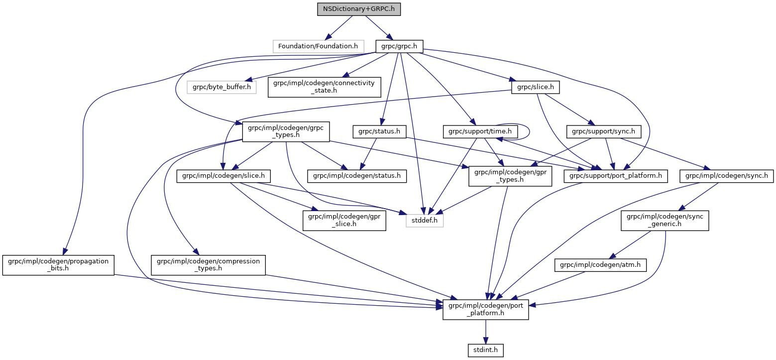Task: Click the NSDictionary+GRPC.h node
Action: pos(358,9)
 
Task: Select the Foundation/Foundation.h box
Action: pos(318,46)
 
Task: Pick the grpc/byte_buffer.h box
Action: pos(222,87)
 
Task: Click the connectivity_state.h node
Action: pos(325,87)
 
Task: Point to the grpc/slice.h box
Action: pos(535,87)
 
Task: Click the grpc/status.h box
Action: pos(379,131)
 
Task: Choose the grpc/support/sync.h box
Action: pos(603,131)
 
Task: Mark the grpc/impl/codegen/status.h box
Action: pos(357,176)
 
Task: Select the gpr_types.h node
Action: pos(510,176)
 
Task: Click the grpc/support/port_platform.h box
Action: pos(615,176)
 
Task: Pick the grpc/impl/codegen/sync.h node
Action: pos(727,176)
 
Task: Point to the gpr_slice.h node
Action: pos(344,220)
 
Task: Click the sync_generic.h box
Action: pos(664,220)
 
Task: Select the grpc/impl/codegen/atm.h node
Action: pos(600,266)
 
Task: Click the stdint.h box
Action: pos(485,351)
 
